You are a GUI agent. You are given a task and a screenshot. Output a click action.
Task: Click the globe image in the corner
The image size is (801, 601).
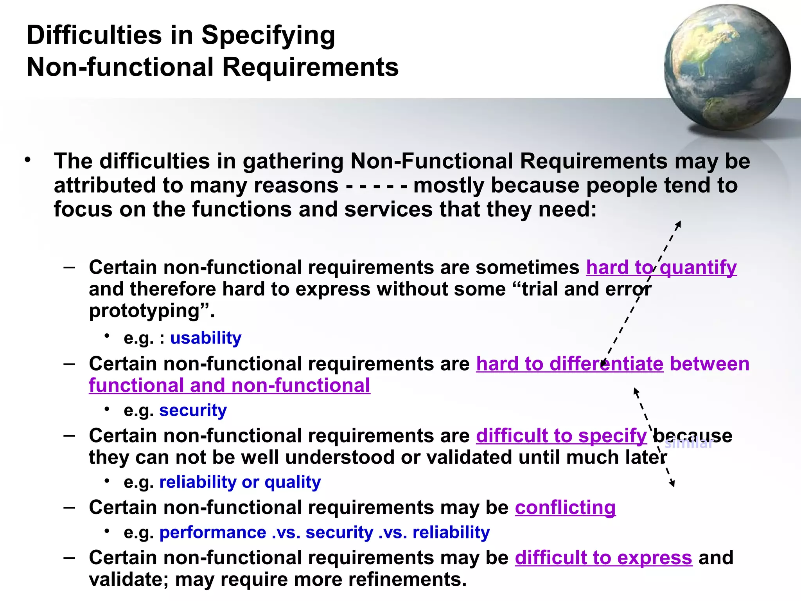727,67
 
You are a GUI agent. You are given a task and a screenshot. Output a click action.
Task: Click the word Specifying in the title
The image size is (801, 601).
268,35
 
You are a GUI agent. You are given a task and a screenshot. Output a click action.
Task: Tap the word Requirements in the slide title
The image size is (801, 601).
310,67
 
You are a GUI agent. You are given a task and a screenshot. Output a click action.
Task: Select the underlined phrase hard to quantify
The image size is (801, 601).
661,268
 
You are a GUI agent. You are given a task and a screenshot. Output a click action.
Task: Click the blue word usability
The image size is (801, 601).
206,338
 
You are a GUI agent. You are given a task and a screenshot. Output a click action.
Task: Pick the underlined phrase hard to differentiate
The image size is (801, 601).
569,364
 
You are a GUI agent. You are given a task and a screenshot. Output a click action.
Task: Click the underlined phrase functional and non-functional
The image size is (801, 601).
229,386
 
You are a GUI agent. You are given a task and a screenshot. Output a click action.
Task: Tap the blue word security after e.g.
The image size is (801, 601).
193,410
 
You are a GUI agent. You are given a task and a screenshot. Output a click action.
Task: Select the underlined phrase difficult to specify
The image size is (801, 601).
561,436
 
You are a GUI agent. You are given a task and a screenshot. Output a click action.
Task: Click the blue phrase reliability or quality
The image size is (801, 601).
240,482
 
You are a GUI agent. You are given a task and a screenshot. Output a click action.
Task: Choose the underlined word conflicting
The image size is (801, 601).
565,508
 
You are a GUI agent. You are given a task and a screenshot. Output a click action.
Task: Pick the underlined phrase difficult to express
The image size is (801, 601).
603,558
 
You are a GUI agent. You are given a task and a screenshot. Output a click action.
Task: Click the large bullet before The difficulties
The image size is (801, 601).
27,160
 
